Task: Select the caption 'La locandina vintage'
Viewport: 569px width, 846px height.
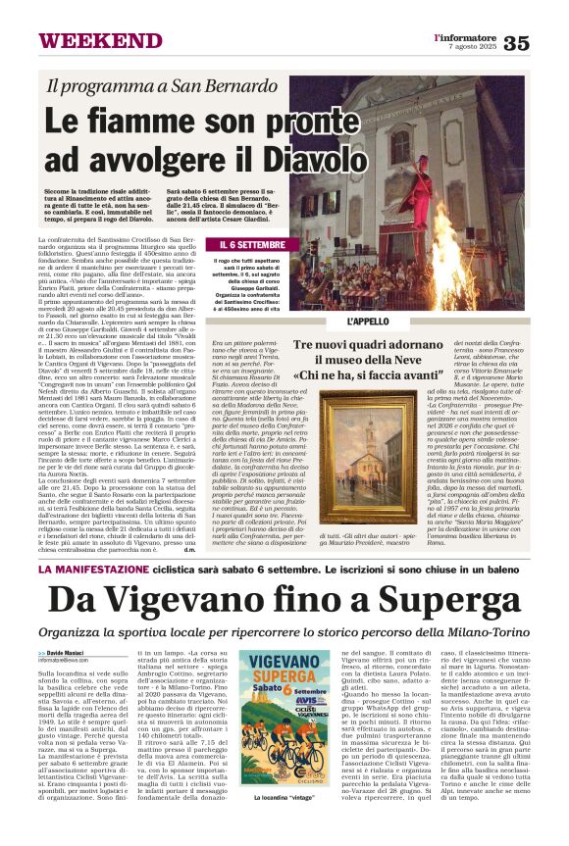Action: tap(284, 826)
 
